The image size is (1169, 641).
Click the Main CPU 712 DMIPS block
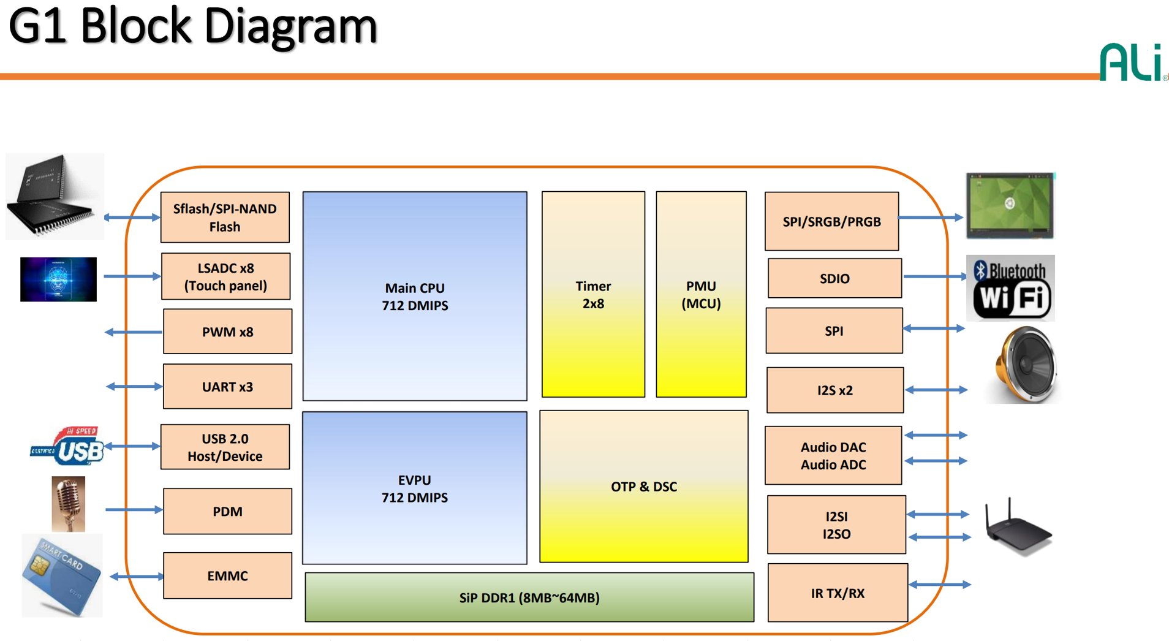pos(415,296)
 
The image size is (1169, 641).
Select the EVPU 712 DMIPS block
pos(415,488)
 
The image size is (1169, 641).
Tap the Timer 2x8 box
pos(593,294)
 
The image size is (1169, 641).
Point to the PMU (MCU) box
pos(701,294)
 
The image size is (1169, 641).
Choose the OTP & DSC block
pos(643,487)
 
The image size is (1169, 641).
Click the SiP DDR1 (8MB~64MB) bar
pos(529,597)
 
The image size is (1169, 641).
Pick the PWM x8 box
pos(227,332)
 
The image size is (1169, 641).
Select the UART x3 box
pos(227,387)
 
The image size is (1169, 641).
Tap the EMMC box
pos(227,575)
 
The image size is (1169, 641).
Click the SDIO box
pos(834,279)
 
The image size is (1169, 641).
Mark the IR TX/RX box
pos(838,593)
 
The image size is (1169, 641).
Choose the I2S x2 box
pos(834,390)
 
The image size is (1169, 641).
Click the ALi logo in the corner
pos(1132,62)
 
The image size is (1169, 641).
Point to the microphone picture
pos(68,504)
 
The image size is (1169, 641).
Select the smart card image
pos(61,575)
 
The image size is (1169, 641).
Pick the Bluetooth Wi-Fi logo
pos(1010,288)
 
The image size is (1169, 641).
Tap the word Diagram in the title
pos(290,26)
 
